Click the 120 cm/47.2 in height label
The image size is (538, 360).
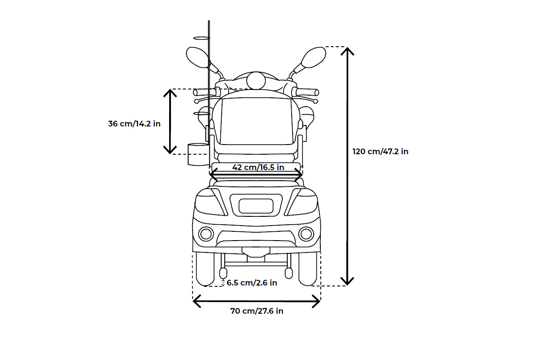click(x=380, y=152)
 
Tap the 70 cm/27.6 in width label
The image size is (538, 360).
click(x=256, y=311)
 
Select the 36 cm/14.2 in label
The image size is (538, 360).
click(x=134, y=124)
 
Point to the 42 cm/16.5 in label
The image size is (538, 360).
click(x=258, y=167)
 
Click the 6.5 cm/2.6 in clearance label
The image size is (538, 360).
click(x=252, y=283)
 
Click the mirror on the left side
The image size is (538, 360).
click(x=197, y=57)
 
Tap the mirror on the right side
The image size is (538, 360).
click(x=313, y=57)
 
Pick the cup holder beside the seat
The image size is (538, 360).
click(x=197, y=154)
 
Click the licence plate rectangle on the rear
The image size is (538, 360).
click(x=256, y=206)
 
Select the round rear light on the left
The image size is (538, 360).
click(x=206, y=234)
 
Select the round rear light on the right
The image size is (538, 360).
click(x=306, y=234)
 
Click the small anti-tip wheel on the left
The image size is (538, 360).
click(x=223, y=273)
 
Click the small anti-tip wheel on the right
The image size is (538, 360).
click(x=289, y=273)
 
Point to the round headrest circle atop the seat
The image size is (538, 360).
click(x=256, y=81)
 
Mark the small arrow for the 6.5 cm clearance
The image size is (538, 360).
click(x=223, y=283)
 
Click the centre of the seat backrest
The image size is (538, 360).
click(x=256, y=121)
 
